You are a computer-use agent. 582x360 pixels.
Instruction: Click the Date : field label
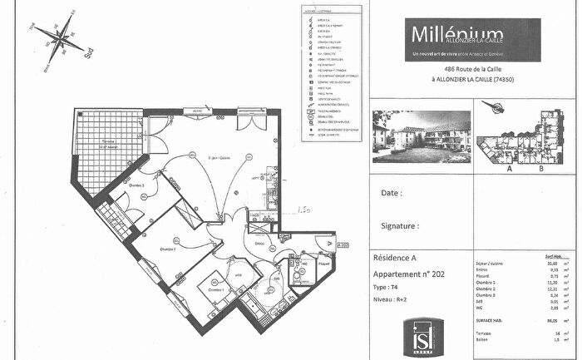click(392, 193)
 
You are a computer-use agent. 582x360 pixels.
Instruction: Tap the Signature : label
click(400, 225)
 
